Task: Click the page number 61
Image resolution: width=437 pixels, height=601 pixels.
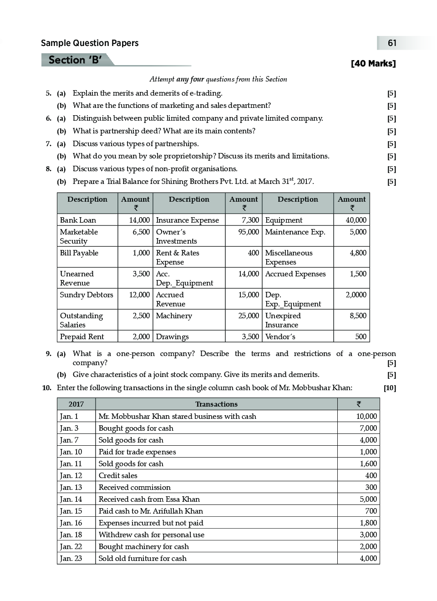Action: click(392, 43)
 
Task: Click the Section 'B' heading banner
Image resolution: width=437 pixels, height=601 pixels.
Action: click(75, 60)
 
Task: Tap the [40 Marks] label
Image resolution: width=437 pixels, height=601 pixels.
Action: click(373, 64)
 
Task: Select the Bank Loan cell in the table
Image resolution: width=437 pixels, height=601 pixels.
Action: click(78, 220)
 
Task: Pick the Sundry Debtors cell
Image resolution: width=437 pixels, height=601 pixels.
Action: click(86, 295)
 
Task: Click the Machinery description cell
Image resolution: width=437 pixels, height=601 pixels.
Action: click(174, 316)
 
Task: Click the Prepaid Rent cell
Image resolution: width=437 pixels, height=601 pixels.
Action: click(82, 336)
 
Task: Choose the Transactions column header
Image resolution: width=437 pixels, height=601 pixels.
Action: click(216, 404)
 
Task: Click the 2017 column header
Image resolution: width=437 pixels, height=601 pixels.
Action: click(76, 404)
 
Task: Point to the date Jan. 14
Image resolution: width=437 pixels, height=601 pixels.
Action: click(71, 499)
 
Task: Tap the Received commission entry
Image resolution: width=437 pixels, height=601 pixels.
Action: click(135, 487)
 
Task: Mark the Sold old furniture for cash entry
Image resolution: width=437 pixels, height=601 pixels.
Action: click(142, 558)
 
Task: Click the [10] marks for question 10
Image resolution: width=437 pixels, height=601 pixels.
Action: click(390, 388)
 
